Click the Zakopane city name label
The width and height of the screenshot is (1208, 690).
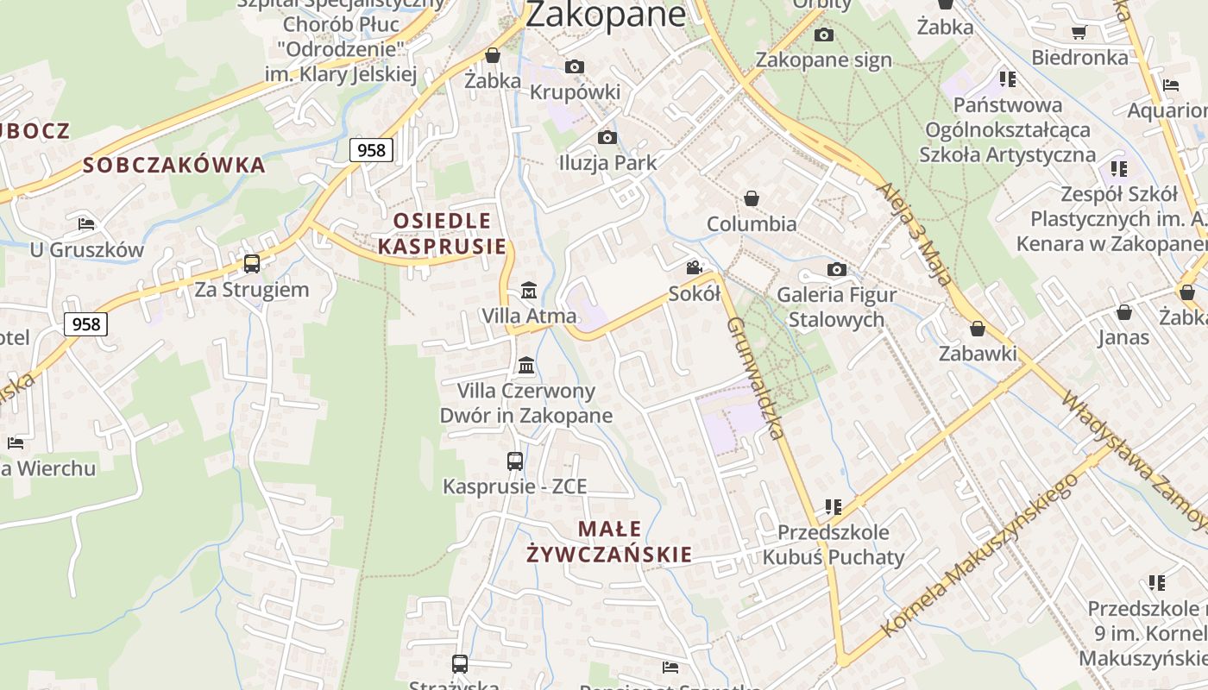[x=606, y=14]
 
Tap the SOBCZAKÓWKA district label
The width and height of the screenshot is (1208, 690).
[x=174, y=165]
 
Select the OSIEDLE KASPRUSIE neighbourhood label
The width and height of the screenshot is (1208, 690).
[x=442, y=233]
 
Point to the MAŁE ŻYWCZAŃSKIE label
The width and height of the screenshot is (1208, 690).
[x=609, y=541]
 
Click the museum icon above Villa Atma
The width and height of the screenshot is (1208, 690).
[x=529, y=290]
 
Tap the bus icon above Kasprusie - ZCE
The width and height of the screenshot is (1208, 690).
[x=515, y=461]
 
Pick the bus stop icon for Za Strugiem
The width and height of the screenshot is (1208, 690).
[x=252, y=264]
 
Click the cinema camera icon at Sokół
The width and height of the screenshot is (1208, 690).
[x=695, y=268]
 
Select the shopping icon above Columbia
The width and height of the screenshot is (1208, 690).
[x=752, y=198]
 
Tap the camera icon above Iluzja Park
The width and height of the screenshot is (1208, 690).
[x=607, y=137]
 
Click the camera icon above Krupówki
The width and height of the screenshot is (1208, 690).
[x=575, y=66]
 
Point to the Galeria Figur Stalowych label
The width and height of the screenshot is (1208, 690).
[x=836, y=307]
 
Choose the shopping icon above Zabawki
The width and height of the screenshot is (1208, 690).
[x=978, y=329]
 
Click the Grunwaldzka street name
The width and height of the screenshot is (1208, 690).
[x=756, y=378]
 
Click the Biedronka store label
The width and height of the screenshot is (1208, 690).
[x=1079, y=58]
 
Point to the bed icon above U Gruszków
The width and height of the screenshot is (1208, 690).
[x=86, y=224]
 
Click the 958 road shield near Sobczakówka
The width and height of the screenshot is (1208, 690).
[x=371, y=150]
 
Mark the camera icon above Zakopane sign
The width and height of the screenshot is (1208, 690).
[x=824, y=34]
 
